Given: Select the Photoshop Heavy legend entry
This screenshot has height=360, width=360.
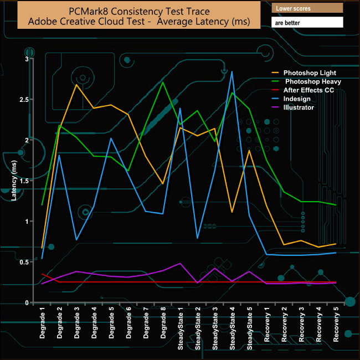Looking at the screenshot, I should click(x=312, y=81).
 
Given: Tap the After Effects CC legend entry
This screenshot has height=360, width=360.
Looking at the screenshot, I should click(x=308, y=90).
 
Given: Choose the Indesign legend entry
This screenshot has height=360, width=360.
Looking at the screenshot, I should click(x=299, y=99).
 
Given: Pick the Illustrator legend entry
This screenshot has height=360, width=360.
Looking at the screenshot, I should click(x=299, y=107).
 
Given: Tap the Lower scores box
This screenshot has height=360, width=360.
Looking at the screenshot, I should click(x=307, y=8).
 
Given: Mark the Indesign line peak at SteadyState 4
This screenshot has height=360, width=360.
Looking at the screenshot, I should click(x=232, y=71).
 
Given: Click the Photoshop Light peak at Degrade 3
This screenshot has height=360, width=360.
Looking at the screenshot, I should click(x=76, y=84).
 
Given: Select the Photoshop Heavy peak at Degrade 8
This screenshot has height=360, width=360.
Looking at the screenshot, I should click(x=163, y=83).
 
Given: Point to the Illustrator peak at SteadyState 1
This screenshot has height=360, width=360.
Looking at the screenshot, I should click(x=181, y=264).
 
